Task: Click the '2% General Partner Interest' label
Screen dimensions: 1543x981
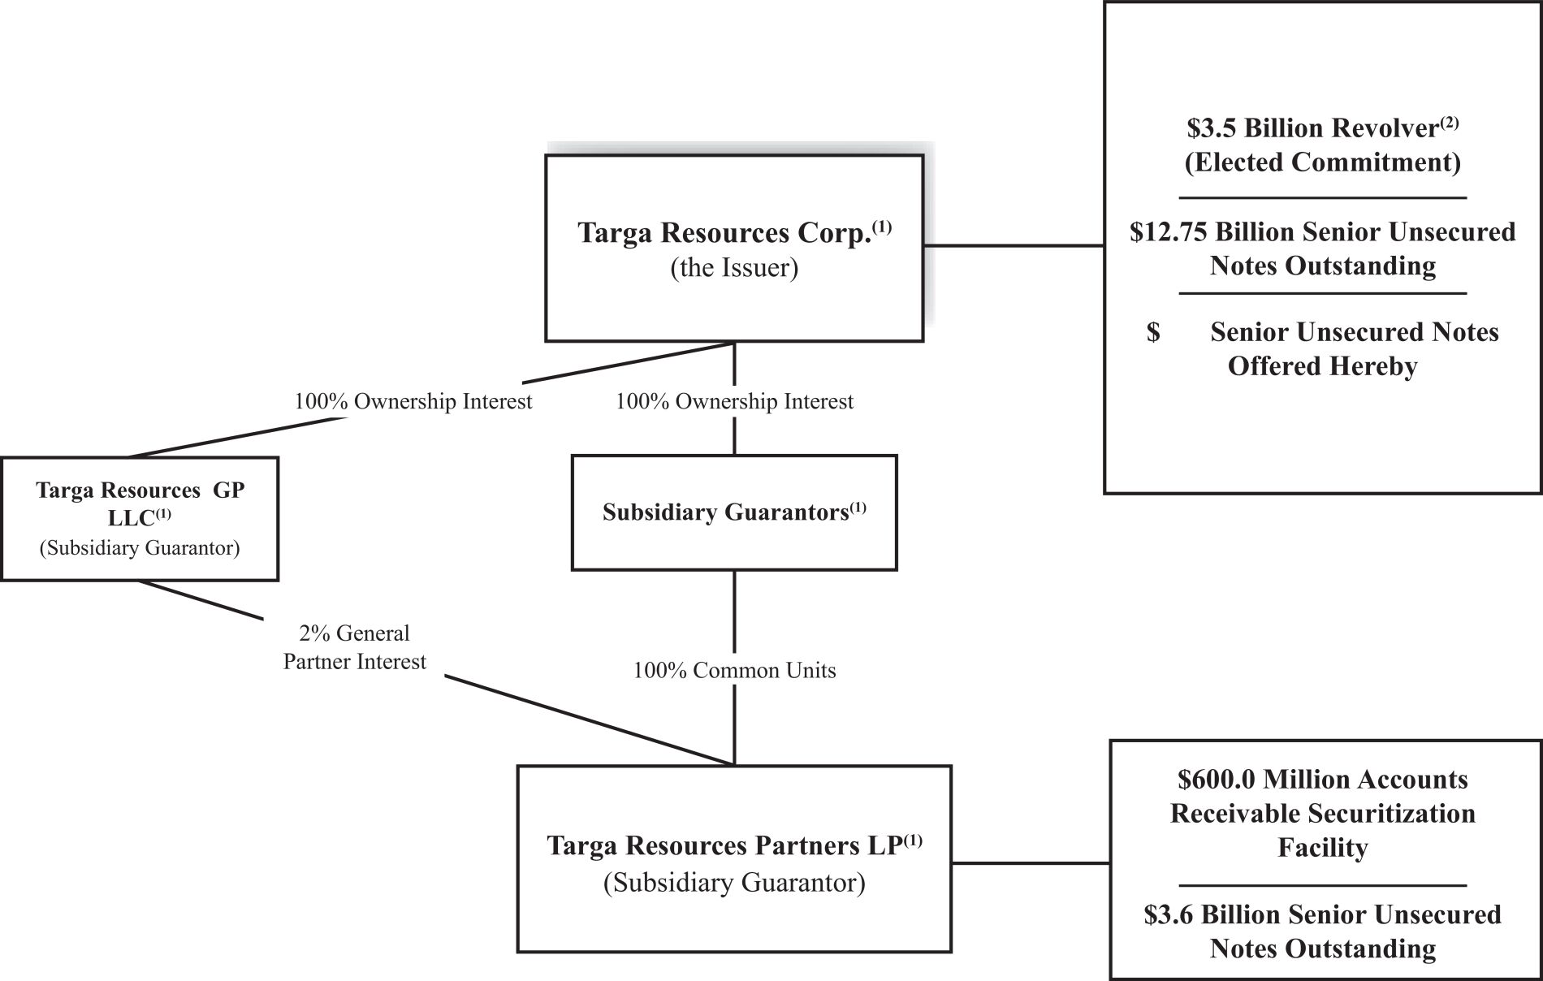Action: (355, 647)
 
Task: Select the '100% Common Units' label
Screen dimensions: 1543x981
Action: (734, 670)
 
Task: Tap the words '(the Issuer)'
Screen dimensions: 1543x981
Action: (734, 268)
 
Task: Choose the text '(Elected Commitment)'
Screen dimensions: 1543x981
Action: (1323, 162)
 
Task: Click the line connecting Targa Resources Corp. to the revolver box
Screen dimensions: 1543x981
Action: (1014, 245)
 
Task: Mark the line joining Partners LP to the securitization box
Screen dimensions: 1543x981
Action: (1031, 863)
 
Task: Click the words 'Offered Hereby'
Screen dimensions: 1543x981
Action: (1323, 366)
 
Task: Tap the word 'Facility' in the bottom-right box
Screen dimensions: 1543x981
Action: (1323, 848)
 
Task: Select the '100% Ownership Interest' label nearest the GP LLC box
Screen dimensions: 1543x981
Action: (413, 401)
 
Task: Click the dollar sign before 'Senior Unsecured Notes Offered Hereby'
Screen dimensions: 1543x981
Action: (1153, 332)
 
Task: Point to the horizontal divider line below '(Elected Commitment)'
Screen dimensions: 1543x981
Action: (1323, 197)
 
